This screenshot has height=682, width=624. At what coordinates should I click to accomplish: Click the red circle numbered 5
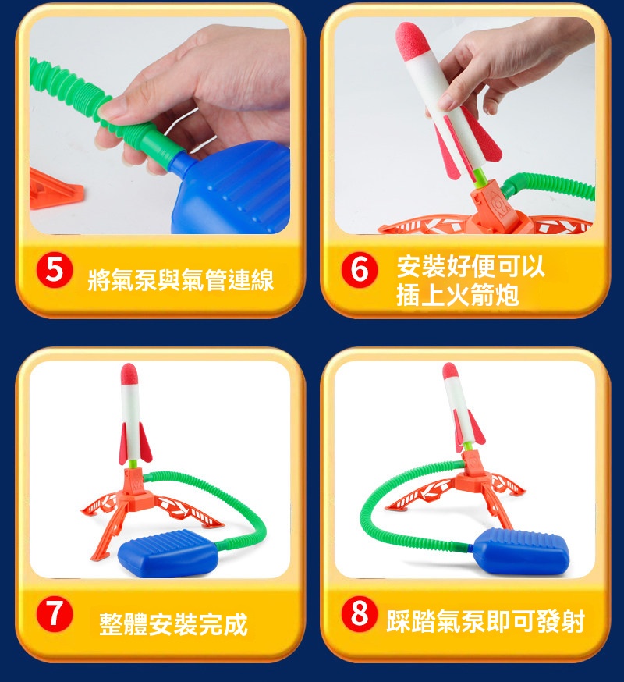[x=55, y=270]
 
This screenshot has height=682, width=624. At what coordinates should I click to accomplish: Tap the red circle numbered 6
[x=359, y=270]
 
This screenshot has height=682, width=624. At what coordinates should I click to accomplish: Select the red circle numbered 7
[x=55, y=613]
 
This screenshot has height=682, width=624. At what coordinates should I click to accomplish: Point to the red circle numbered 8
[x=359, y=613]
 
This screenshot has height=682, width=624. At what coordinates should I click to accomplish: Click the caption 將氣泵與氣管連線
[x=180, y=279]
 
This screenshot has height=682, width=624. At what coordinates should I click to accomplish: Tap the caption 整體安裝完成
[x=173, y=623]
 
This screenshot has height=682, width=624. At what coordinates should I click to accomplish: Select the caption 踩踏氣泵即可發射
[x=485, y=620]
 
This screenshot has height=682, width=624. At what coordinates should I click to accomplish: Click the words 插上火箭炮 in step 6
[x=457, y=295]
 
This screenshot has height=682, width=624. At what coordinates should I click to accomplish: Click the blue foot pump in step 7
[x=168, y=552]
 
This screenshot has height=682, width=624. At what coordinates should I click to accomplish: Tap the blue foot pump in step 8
[x=521, y=552]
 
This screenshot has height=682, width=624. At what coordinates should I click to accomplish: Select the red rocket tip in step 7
[x=129, y=375]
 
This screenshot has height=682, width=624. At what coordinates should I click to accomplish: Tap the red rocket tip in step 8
[x=450, y=373]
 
